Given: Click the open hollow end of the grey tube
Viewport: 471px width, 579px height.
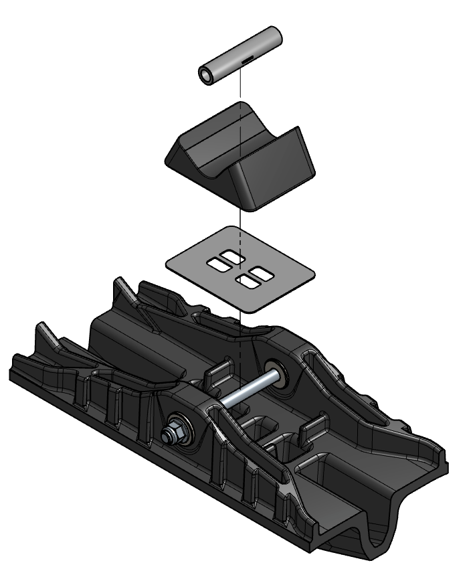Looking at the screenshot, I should point(207,76).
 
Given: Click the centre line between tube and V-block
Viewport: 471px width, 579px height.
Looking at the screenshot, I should point(239,87).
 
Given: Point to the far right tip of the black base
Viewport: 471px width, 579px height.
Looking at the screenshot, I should point(447,462).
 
